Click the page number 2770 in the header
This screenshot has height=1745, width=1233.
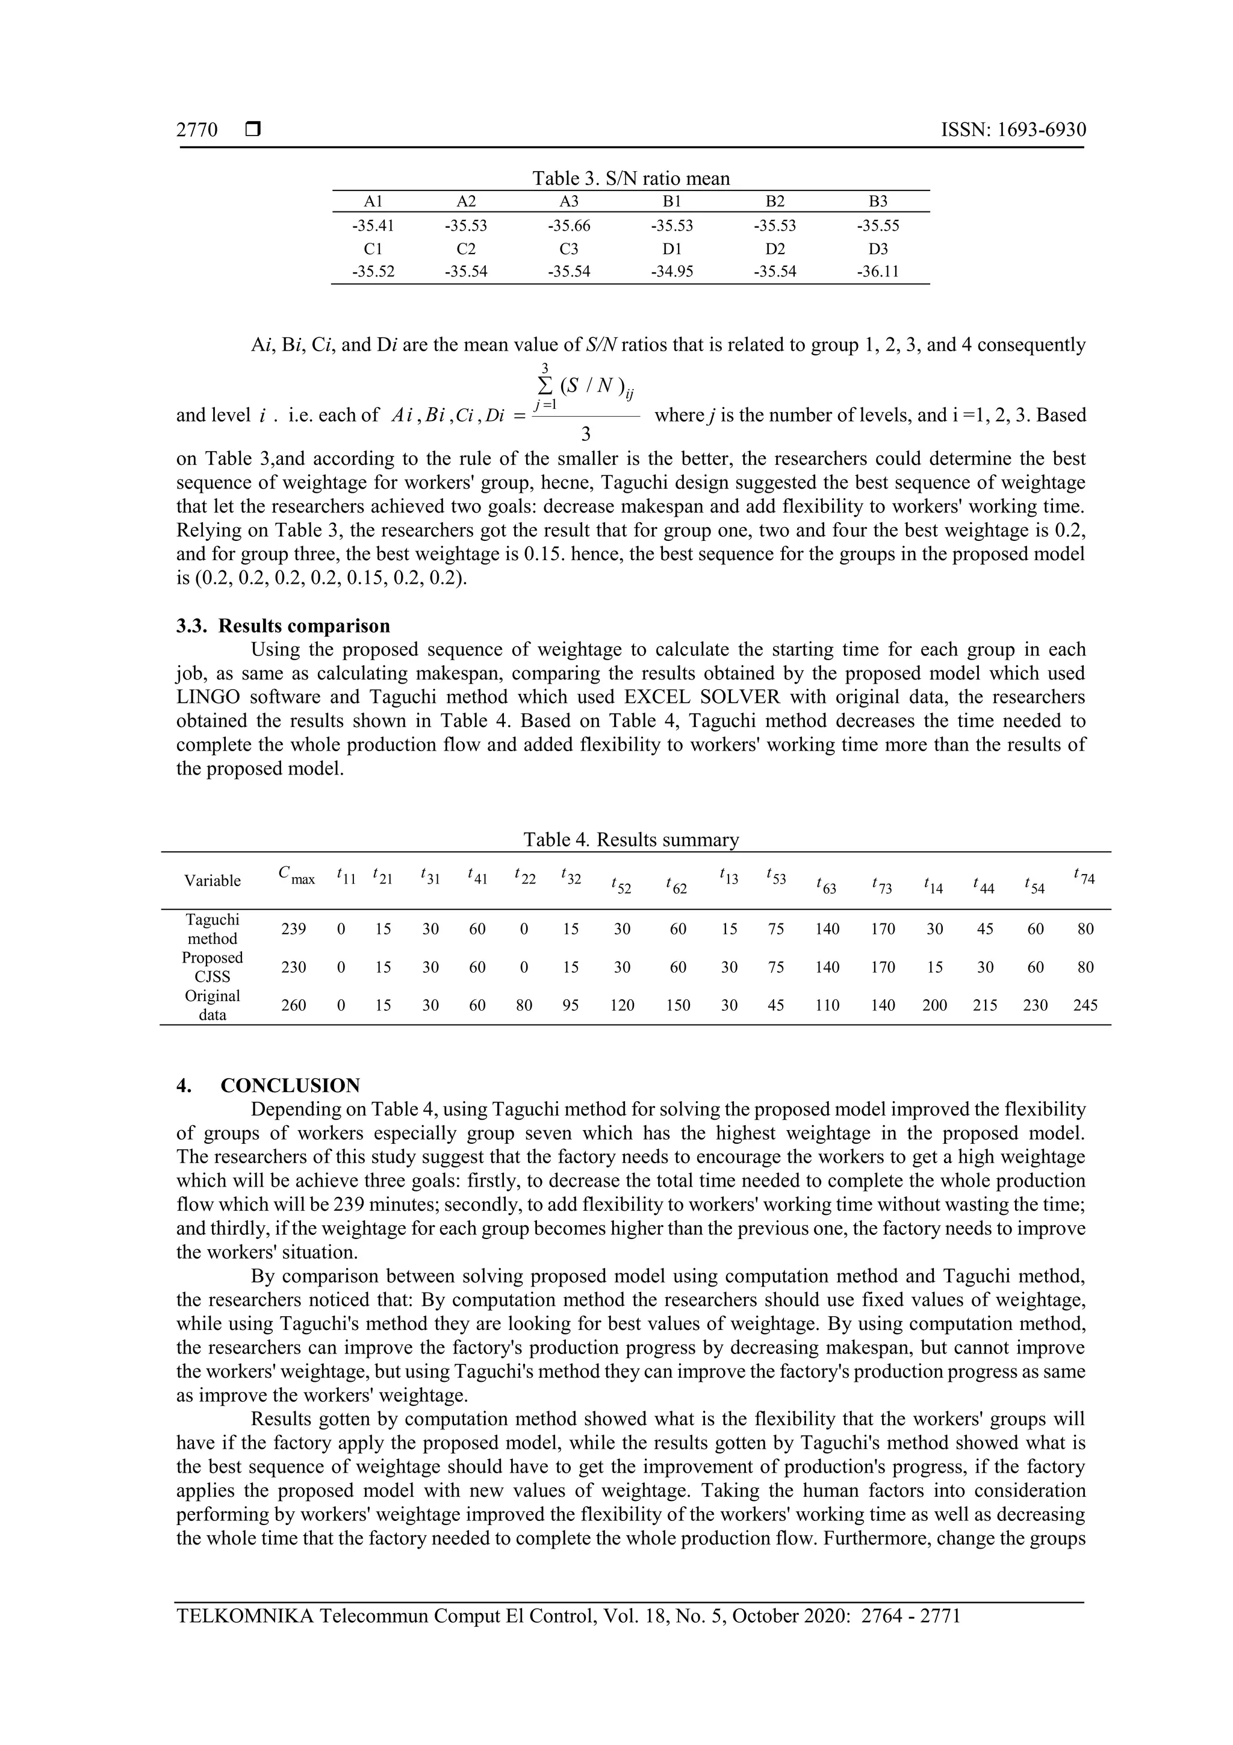pyautogui.click(x=197, y=130)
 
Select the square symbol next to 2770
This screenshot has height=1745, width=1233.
pyautogui.click(x=253, y=130)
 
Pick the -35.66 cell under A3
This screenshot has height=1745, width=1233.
pyautogui.click(x=568, y=226)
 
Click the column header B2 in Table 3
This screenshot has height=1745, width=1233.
pyautogui.click(x=774, y=201)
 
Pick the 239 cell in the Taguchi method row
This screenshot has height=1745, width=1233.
pyautogui.click(x=294, y=929)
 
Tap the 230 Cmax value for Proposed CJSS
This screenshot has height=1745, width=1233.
pyautogui.click(x=294, y=967)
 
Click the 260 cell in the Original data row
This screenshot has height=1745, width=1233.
pyautogui.click(x=294, y=1005)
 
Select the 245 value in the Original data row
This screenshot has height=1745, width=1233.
pyautogui.click(x=1085, y=1005)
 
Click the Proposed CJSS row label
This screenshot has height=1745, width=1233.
pyautogui.click(x=212, y=967)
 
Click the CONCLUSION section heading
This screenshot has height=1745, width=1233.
pyautogui.click(x=290, y=1085)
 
